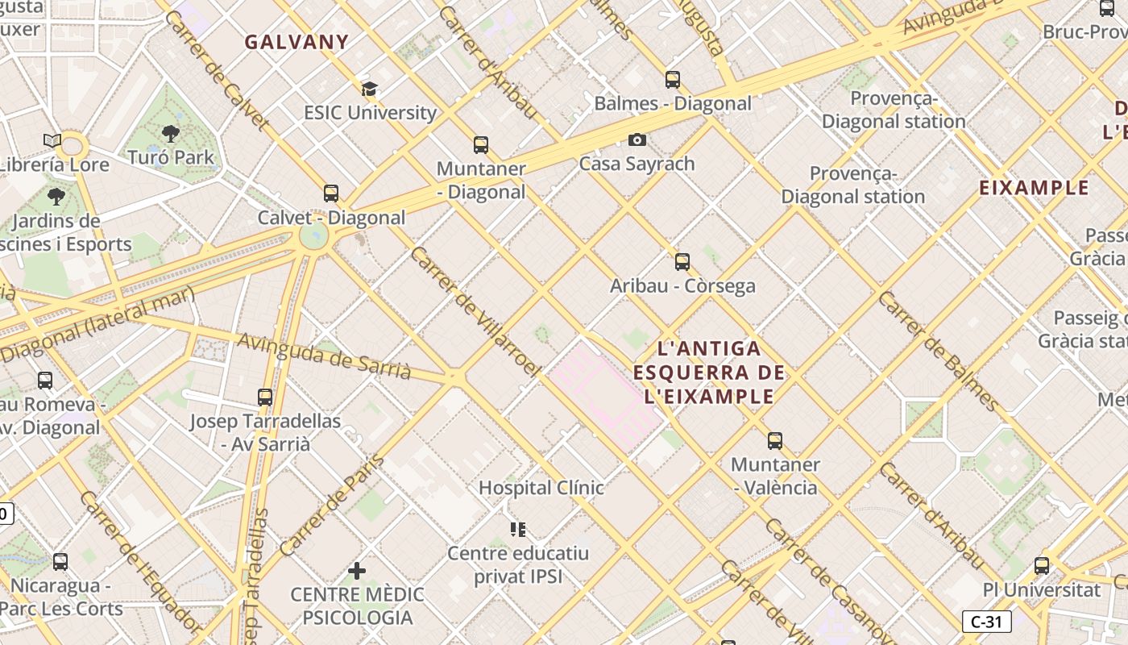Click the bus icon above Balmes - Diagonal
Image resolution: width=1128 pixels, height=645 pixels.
point(673,80)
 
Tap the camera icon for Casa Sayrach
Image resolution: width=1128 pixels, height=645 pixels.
point(637,140)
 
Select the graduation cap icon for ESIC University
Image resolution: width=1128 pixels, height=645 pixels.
point(369,89)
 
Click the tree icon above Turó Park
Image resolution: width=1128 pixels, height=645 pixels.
point(170,134)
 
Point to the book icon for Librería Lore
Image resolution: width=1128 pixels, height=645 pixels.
point(52,141)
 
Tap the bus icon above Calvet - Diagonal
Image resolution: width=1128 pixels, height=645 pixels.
point(331,193)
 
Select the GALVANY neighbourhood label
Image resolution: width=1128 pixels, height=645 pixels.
point(297,43)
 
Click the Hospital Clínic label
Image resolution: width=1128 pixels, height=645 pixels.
point(541,488)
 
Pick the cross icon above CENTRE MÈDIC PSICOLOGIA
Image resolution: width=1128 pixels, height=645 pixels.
point(357,572)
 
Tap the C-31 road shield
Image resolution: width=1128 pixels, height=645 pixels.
point(986,622)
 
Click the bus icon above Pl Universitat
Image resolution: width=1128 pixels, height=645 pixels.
point(1042,566)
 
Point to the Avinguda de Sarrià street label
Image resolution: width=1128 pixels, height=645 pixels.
point(324,356)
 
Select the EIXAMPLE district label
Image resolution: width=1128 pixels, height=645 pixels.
point(1034,189)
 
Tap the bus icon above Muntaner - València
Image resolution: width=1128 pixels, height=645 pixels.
point(775,441)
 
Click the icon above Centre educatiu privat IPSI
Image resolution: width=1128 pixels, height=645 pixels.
point(518,530)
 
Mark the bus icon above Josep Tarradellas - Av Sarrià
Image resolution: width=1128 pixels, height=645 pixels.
point(265,397)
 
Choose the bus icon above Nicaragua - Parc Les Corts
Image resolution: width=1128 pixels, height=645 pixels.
point(60,562)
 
